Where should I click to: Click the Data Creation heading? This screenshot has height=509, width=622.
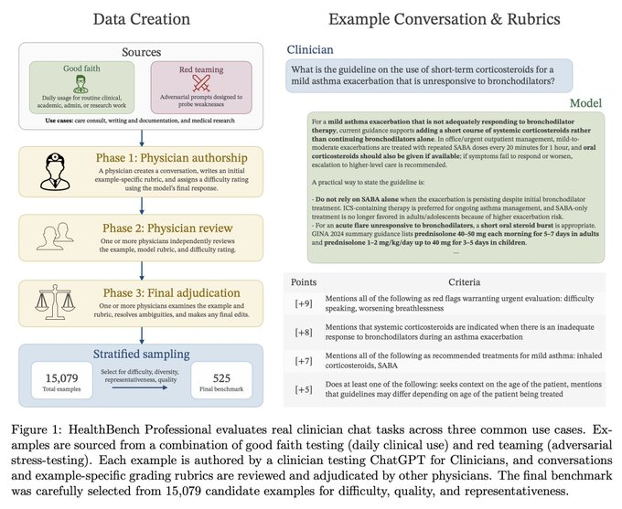tap(143, 17)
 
